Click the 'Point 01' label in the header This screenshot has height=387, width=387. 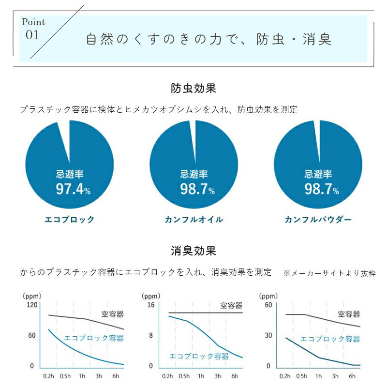(33, 29)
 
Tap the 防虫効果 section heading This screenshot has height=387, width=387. (193, 89)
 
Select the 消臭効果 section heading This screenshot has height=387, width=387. (193, 251)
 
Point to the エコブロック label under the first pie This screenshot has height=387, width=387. (69, 220)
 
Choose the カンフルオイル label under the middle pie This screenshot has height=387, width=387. (193, 220)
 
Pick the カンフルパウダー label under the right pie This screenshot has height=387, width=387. (318, 220)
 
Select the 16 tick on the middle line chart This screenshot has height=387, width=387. (150, 305)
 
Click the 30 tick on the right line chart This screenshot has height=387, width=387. (268, 335)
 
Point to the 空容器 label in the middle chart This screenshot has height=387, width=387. (231, 306)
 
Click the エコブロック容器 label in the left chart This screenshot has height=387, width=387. (94, 338)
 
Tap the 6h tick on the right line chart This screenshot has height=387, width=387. (352, 376)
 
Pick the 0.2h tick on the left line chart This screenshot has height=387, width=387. (48, 376)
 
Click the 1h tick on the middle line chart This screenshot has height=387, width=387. (201, 376)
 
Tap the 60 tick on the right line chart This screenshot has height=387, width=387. (268, 305)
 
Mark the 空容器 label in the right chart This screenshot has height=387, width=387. (349, 314)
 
